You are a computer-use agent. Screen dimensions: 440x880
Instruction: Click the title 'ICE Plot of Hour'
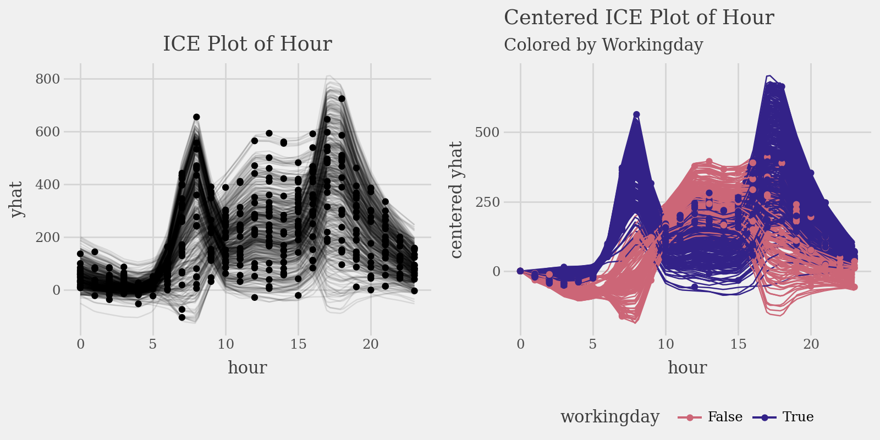click(247, 44)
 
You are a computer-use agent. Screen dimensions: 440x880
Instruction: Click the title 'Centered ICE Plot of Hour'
click(639, 18)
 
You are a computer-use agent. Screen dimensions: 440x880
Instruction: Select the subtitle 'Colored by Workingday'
click(603, 45)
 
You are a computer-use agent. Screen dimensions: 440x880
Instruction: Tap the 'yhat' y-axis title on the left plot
click(16, 200)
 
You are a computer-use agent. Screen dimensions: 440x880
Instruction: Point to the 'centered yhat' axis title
click(456, 200)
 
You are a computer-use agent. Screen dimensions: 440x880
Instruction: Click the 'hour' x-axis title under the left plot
click(247, 367)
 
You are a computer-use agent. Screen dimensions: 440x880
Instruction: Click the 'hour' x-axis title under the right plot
click(687, 367)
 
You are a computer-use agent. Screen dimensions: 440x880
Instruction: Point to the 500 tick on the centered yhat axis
click(488, 133)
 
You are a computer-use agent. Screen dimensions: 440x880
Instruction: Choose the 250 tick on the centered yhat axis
click(488, 202)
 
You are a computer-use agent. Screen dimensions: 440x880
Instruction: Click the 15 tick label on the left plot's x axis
click(298, 345)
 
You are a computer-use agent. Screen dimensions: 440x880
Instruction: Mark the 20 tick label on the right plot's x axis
click(811, 345)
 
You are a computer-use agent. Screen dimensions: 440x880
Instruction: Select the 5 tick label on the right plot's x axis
click(593, 345)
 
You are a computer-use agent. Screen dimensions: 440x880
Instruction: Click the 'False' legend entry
click(725, 417)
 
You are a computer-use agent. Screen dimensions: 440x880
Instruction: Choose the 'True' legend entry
click(798, 417)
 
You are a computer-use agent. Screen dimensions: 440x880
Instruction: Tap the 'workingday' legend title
click(610, 417)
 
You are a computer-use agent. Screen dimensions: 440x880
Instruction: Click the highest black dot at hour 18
click(342, 99)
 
